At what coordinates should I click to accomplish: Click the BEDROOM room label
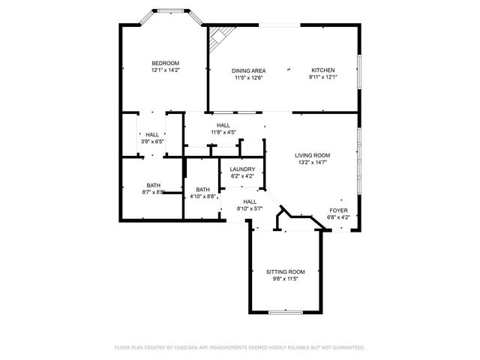coord(165,63)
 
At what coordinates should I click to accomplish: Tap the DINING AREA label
coord(249,70)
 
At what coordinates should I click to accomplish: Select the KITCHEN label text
coord(324,70)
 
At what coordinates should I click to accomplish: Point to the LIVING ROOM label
coord(312,155)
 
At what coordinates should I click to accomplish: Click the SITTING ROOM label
coord(286,271)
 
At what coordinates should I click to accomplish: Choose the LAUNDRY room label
coord(242,169)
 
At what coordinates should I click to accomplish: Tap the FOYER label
coord(339,211)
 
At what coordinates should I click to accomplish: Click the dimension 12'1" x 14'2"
coord(165,70)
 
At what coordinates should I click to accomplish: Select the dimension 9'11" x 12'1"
coord(324,76)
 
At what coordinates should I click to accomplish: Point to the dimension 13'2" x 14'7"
coord(312,162)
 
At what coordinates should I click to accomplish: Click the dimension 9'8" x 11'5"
coord(286,278)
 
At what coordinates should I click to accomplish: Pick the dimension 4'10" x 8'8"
coord(202,196)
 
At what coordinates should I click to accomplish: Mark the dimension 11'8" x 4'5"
coord(223,132)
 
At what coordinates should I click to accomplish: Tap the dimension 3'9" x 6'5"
coord(152,141)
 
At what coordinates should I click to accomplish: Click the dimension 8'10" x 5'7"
coord(250,208)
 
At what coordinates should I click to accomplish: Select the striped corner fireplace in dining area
coord(217,35)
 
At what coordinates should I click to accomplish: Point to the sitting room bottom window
coord(286,310)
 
